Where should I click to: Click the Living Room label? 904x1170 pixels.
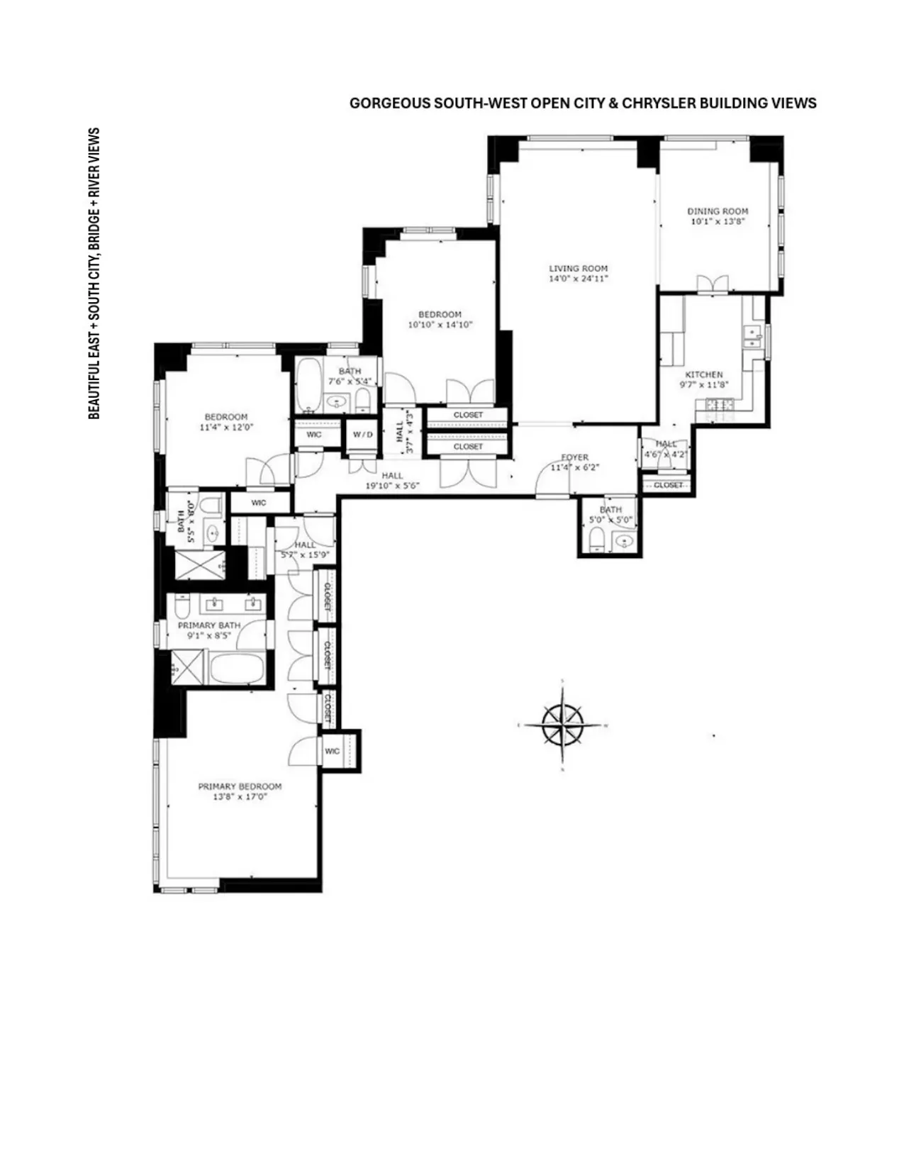579,269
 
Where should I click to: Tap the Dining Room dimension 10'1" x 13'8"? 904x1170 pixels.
718,221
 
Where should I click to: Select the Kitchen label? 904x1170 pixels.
703,374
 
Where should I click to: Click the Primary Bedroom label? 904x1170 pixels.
240,786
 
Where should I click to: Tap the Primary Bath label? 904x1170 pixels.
208,625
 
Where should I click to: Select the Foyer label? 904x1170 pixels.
574,457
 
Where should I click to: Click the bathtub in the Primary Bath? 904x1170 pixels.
238,669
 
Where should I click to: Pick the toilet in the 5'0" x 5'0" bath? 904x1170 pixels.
597,542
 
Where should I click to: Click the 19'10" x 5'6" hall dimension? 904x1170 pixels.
392,486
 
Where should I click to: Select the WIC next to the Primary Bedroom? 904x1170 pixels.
333,751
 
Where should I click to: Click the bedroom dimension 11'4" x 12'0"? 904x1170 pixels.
226,428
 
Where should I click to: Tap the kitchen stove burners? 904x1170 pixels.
718,405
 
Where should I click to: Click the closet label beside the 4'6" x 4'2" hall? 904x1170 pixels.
668,485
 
